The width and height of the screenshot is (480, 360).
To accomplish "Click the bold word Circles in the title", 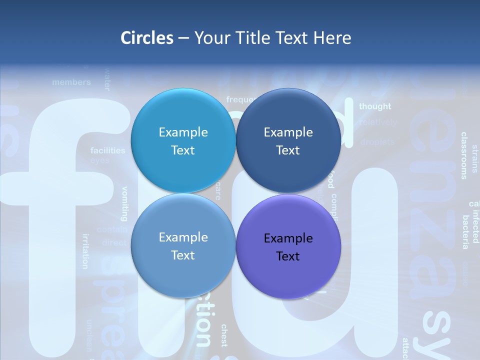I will click(x=147, y=38).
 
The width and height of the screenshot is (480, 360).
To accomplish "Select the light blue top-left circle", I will click(x=183, y=140).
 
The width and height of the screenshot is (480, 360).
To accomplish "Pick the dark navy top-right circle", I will click(x=288, y=140).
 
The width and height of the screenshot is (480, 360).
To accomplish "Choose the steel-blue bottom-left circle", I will click(x=183, y=245).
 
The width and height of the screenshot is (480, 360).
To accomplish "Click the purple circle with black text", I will click(x=288, y=246).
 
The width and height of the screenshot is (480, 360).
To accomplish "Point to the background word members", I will click(x=71, y=82).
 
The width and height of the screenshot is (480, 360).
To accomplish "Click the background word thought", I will click(x=375, y=106).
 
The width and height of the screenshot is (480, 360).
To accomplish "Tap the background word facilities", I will click(x=108, y=150).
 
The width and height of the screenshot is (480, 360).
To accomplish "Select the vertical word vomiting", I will click(x=125, y=203).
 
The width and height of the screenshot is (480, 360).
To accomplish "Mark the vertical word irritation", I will click(x=85, y=251).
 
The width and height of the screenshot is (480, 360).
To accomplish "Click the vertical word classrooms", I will click(x=464, y=155).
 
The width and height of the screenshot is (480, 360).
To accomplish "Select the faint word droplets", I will click(x=377, y=142).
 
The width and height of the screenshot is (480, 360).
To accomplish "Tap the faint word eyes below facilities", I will click(x=100, y=160).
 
